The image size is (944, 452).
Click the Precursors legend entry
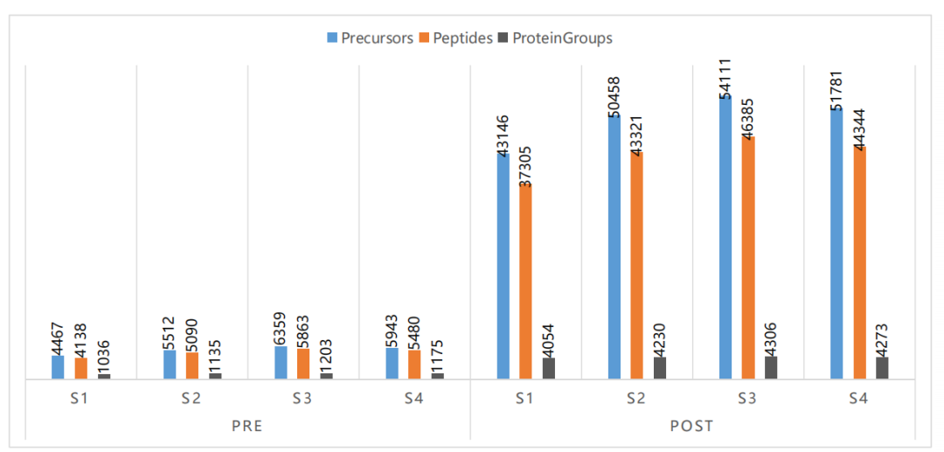point(370,38)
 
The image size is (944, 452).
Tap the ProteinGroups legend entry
point(556,38)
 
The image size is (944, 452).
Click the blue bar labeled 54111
point(725,237)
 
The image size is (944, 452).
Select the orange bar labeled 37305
point(525,282)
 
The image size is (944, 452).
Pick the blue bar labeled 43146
point(503,266)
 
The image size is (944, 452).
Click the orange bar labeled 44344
point(859,263)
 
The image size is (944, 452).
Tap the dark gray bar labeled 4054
point(548,368)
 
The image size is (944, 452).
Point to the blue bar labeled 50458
point(614,247)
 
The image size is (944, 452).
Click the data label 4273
point(882,338)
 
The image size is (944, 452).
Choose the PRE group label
point(247,427)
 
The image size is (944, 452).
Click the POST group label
point(691,427)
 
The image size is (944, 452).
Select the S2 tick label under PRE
point(192,399)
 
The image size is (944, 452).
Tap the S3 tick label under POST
point(747,399)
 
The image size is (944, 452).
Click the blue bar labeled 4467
point(58,367)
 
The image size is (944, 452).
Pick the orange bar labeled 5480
point(414,365)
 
